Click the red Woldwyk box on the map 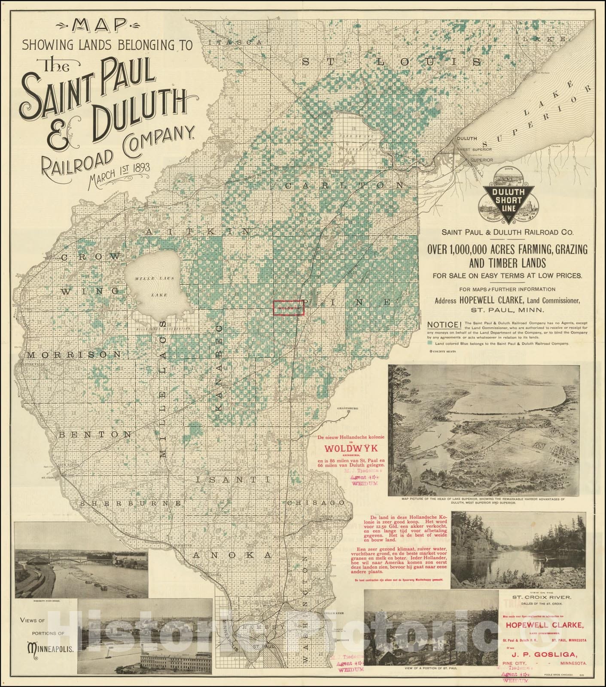tap(289, 307)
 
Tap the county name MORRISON tap(74, 355)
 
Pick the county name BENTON tap(95, 435)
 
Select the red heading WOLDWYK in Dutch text tap(350, 449)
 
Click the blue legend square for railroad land tap(430, 343)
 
